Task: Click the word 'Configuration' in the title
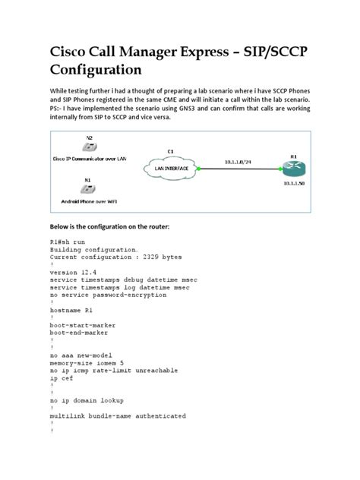[96, 70]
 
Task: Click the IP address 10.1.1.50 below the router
[294, 185]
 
